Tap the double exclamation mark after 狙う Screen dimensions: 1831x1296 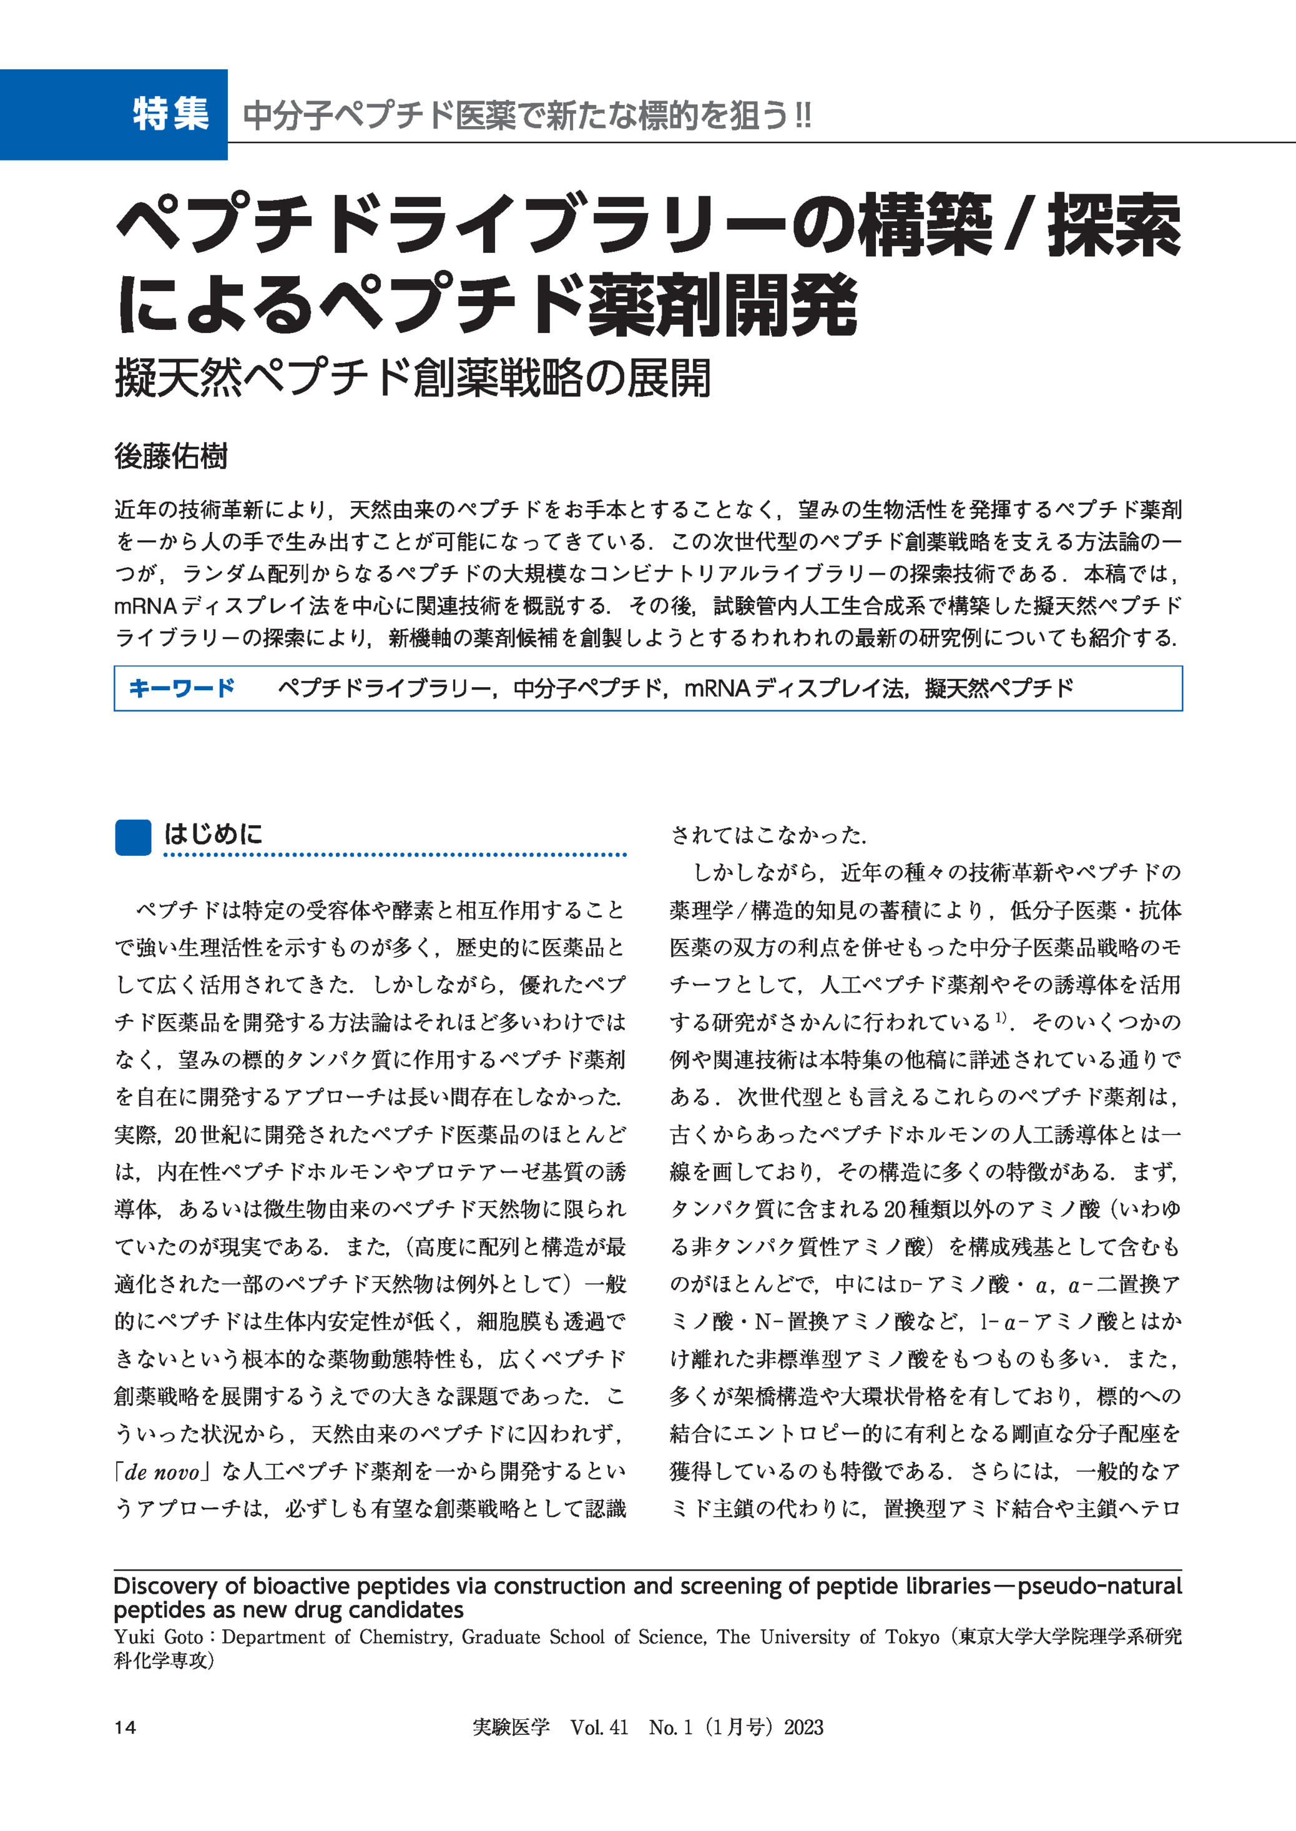click(x=802, y=115)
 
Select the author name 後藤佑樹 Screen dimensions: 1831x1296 click(x=171, y=456)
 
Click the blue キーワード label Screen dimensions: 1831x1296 click(x=181, y=688)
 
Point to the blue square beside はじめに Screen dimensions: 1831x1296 click(x=132, y=837)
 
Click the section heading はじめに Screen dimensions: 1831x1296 click(x=213, y=835)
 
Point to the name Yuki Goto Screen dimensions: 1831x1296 click(x=158, y=1637)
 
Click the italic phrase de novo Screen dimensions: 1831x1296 click(x=162, y=1472)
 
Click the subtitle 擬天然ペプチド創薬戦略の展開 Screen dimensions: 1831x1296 click(x=413, y=379)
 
